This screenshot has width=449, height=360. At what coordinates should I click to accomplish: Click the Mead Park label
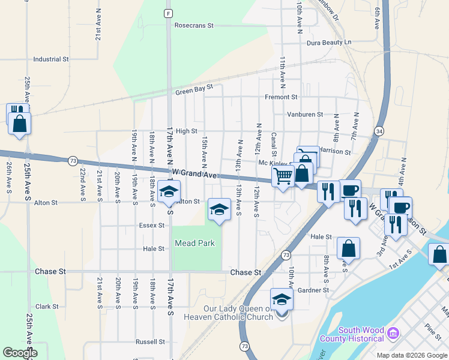194,243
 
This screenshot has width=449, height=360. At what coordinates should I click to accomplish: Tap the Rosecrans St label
194,26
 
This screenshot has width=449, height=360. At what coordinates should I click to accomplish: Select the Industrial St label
52,59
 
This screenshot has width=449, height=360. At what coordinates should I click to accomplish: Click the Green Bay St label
194,90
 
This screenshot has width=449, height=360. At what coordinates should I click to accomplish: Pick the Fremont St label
281,97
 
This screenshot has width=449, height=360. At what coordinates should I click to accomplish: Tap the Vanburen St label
305,114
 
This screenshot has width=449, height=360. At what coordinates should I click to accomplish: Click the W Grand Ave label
193,173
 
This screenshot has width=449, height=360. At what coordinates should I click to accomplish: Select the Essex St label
152,226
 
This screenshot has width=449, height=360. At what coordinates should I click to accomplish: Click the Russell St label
150,342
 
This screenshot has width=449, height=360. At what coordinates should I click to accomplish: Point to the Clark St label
47,306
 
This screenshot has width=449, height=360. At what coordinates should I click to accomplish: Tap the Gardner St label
313,290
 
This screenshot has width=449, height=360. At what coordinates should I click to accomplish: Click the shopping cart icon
283,176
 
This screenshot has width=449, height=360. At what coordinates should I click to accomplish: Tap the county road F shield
169,13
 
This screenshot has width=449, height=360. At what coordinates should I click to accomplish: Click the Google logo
19,353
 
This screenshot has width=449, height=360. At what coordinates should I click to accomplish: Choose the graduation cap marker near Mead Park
219,210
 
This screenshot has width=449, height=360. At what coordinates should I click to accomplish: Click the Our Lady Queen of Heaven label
238,313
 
